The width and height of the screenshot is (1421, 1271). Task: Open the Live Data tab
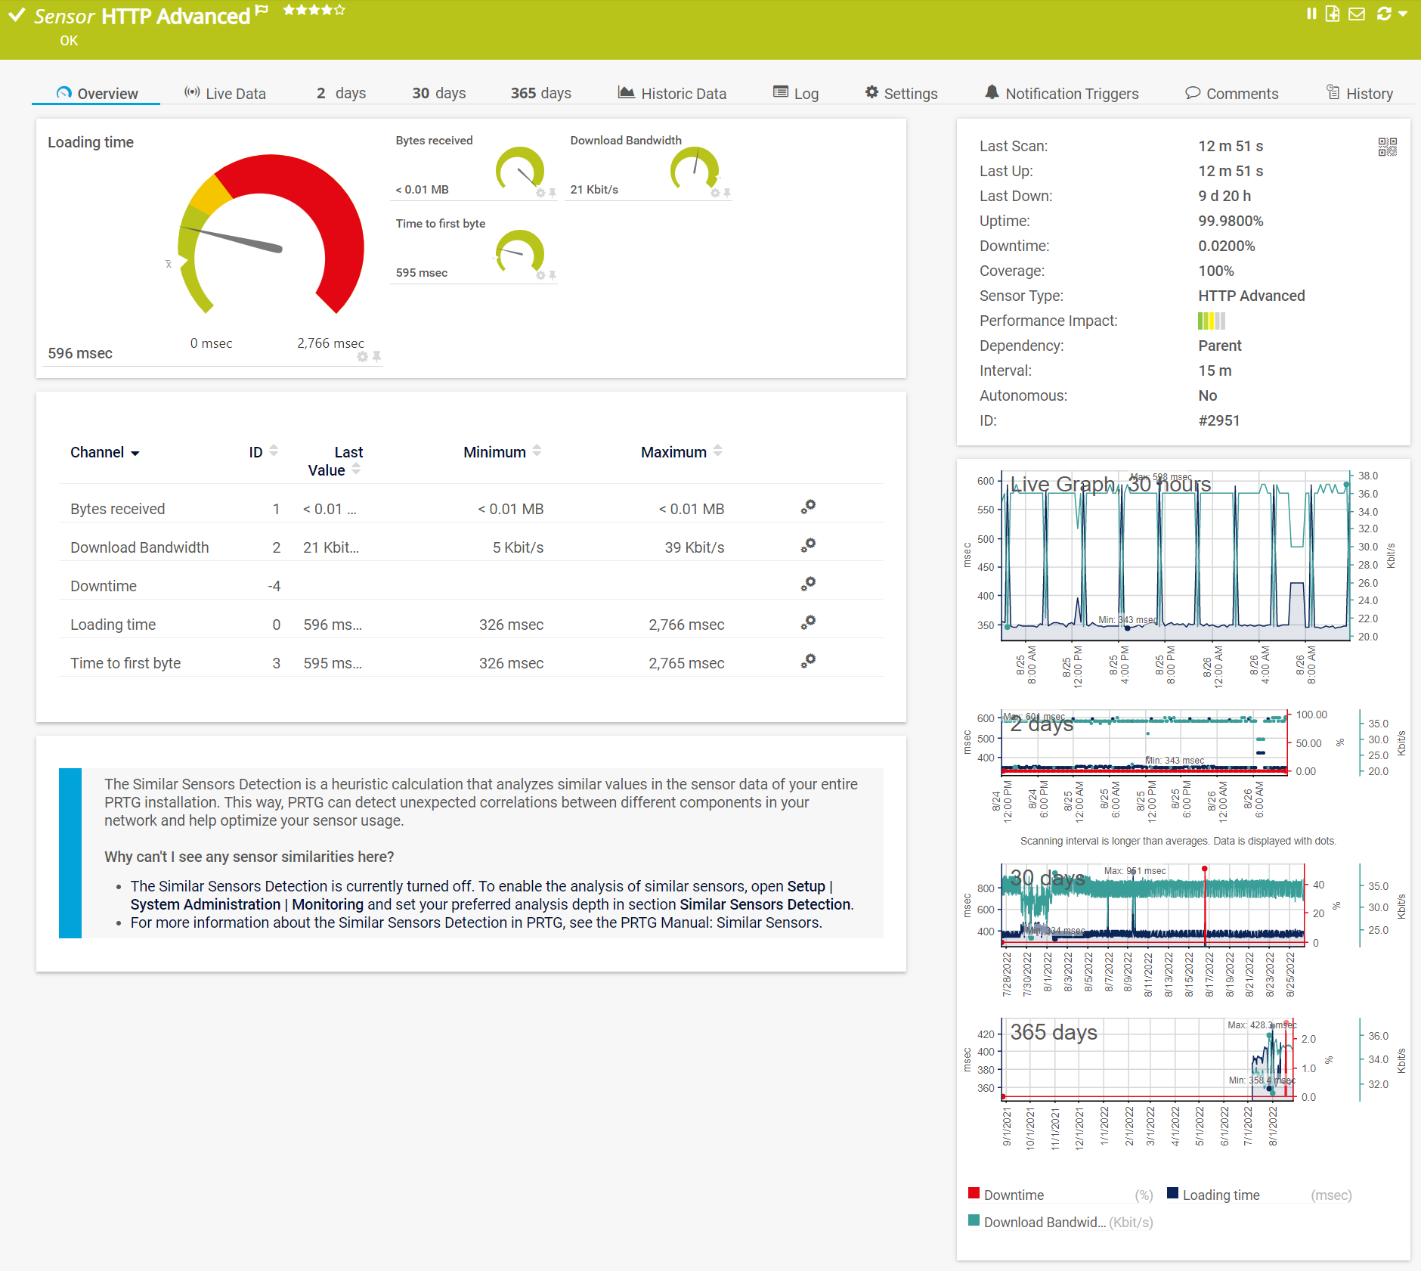coord(225,94)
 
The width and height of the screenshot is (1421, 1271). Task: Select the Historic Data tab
coord(672,94)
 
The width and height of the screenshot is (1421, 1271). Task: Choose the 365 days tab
coord(540,93)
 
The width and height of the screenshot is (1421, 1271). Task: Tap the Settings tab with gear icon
coord(901,94)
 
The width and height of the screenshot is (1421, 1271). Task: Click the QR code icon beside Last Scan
coord(1387,147)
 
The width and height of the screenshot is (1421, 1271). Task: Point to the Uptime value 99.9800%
coord(1231,221)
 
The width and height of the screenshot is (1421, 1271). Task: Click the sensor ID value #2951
coord(1218,420)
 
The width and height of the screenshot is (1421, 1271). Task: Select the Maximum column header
coord(673,452)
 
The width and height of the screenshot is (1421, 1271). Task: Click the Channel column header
coord(98,452)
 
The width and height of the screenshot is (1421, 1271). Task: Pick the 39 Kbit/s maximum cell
coord(694,547)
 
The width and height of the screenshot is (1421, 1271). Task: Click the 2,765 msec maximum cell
coord(686,663)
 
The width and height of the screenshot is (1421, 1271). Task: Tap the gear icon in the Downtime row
coord(808,584)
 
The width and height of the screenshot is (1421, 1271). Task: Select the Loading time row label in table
coord(113,625)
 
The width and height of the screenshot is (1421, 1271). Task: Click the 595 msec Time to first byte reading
coord(422,273)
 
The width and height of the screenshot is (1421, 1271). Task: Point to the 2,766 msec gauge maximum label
coord(330,343)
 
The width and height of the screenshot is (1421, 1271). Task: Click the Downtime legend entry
coord(1013,1195)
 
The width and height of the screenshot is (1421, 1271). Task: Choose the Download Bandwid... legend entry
coord(1043,1222)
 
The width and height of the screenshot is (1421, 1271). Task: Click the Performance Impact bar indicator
coord(1211,321)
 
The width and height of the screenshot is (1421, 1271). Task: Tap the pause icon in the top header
coord(1311,14)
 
